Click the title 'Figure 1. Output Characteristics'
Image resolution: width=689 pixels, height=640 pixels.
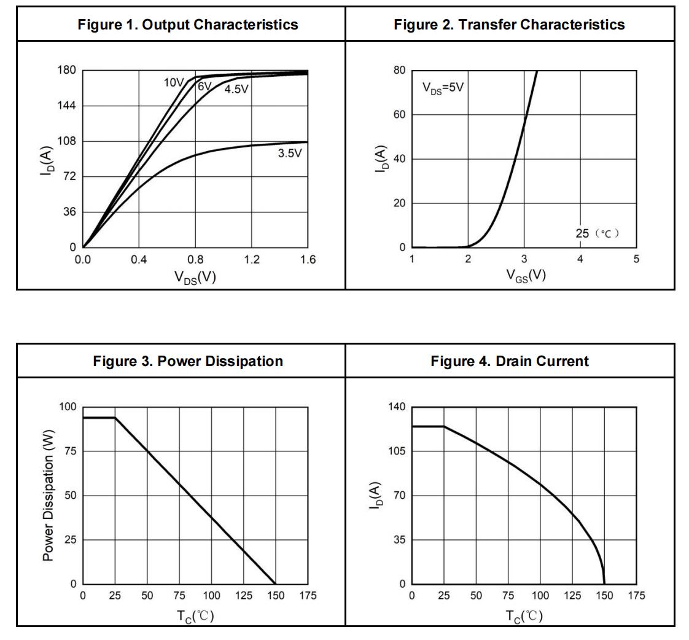pos(188,25)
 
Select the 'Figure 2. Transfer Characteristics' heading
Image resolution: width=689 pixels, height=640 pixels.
pos(509,25)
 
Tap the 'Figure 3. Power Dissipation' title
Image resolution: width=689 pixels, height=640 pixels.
pos(188,361)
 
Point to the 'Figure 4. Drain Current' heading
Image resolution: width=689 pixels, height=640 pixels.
pos(509,361)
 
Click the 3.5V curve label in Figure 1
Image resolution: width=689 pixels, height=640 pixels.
pos(290,154)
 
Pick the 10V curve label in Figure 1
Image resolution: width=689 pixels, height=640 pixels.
pos(174,83)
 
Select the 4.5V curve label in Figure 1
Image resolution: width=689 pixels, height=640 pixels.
pos(236,90)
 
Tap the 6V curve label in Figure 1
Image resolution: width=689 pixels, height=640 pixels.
pos(204,87)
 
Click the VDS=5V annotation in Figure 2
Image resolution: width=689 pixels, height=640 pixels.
pos(443,87)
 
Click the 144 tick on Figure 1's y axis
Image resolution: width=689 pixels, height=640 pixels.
pos(67,106)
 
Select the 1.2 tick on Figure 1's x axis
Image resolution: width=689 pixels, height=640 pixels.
pos(251,260)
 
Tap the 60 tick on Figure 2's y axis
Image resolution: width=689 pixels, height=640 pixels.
pos(399,115)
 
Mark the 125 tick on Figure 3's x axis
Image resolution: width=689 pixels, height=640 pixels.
pos(243,596)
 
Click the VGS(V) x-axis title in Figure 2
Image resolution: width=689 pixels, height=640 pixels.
pos(526,275)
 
